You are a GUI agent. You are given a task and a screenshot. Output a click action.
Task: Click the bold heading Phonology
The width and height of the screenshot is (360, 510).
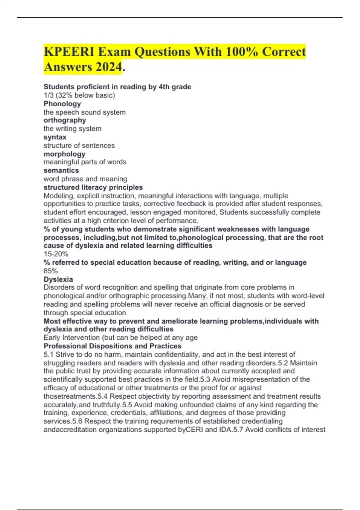[62, 104]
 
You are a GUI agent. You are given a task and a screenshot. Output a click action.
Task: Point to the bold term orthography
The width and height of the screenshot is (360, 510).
[65, 120]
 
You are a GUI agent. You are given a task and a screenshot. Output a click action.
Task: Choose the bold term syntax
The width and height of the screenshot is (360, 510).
[55, 137]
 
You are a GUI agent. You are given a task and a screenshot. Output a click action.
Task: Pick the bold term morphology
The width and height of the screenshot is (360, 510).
[64, 154]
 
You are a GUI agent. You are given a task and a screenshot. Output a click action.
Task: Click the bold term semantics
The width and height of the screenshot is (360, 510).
[61, 170]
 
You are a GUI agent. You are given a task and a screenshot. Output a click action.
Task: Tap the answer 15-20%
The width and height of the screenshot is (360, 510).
[56, 254]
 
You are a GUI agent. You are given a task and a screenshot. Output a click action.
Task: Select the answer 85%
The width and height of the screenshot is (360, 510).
[51, 271]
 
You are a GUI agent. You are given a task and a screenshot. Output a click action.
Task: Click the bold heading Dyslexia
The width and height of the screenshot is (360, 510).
[58, 279]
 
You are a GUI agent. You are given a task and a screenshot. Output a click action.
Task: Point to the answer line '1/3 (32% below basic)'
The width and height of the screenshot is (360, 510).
[79, 95]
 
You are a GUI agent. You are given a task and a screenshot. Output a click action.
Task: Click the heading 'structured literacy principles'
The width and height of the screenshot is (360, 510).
[93, 187]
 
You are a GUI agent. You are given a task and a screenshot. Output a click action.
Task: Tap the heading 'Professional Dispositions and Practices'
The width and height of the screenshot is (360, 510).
[112, 346]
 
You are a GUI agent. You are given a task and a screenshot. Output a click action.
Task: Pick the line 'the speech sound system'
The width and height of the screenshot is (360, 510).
[85, 112]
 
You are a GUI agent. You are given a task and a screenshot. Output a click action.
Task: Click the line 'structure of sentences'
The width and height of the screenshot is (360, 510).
[79, 145]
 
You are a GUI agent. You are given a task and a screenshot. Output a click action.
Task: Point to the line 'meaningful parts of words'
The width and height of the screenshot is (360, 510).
[85, 162]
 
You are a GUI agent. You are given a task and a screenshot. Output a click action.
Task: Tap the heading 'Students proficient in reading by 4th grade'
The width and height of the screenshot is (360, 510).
[117, 87]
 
